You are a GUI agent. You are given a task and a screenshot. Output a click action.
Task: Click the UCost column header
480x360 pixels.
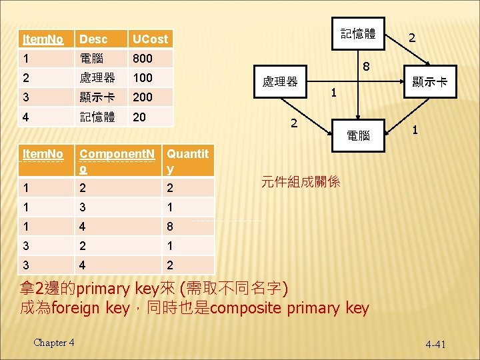point(150,39)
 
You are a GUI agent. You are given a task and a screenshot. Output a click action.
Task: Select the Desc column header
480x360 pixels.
point(92,39)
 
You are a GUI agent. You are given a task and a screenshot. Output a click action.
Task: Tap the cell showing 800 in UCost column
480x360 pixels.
point(143,58)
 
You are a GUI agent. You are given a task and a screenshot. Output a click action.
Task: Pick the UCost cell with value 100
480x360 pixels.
point(143,77)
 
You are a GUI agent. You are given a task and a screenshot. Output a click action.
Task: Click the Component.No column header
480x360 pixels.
point(117,161)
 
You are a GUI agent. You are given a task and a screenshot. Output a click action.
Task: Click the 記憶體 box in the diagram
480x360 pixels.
point(358,34)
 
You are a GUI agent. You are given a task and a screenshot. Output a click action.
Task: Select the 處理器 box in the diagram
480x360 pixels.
point(280,82)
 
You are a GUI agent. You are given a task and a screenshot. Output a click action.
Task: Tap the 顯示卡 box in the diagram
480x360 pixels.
point(430,82)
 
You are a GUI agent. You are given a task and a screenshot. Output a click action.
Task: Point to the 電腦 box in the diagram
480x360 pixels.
point(359,135)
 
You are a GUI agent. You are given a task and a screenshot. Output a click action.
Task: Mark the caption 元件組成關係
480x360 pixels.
point(301,181)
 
